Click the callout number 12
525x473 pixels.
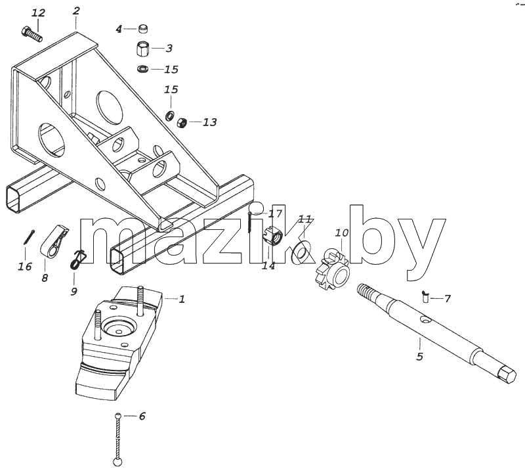pyautogui.click(x=38, y=13)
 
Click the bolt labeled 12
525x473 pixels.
pyautogui.click(x=31, y=34)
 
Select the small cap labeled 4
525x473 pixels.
pyautogui.click(x=143, y=29)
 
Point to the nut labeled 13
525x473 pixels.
pyautogui.click(x=182, y=122)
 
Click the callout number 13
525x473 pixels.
pyautogui.click(x=209, y=122)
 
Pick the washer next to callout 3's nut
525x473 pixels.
pyautogui.click(x=144, y=69)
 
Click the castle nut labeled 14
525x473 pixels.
pyautogui.click(x=274, y=236)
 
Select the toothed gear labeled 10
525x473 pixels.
pyautogui.click(x=333, y=268)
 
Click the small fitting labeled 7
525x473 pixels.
pyautogui.click(x=425, y=296)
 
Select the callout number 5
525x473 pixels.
pyautogui.click(x=420, y=356)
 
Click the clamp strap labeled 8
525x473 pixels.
pyautogui.click(x=54, y=242)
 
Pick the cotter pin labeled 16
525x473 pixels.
pyautogui.click(x=30, y=236)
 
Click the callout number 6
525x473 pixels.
pyautogui.click(x=142, y=416)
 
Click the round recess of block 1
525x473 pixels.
pyautogui.click(x=119, y=327)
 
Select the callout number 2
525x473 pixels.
pyautogui.click(x=76, y=11)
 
